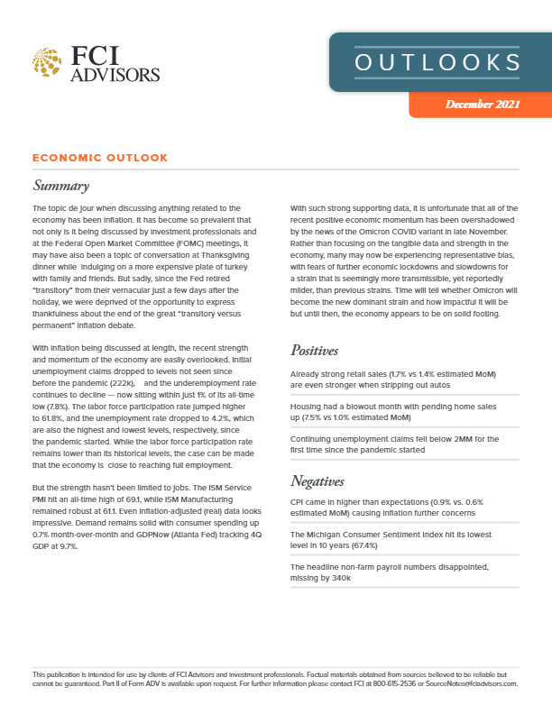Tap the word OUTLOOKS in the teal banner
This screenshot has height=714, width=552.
[x=437, y=62]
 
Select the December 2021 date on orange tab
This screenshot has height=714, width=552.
[x=482, y=105]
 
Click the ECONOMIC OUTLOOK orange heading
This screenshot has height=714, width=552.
[x=100, y=158]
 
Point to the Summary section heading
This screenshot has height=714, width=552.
[x=60, y=187]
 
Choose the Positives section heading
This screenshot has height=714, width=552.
[x=319, y=350]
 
